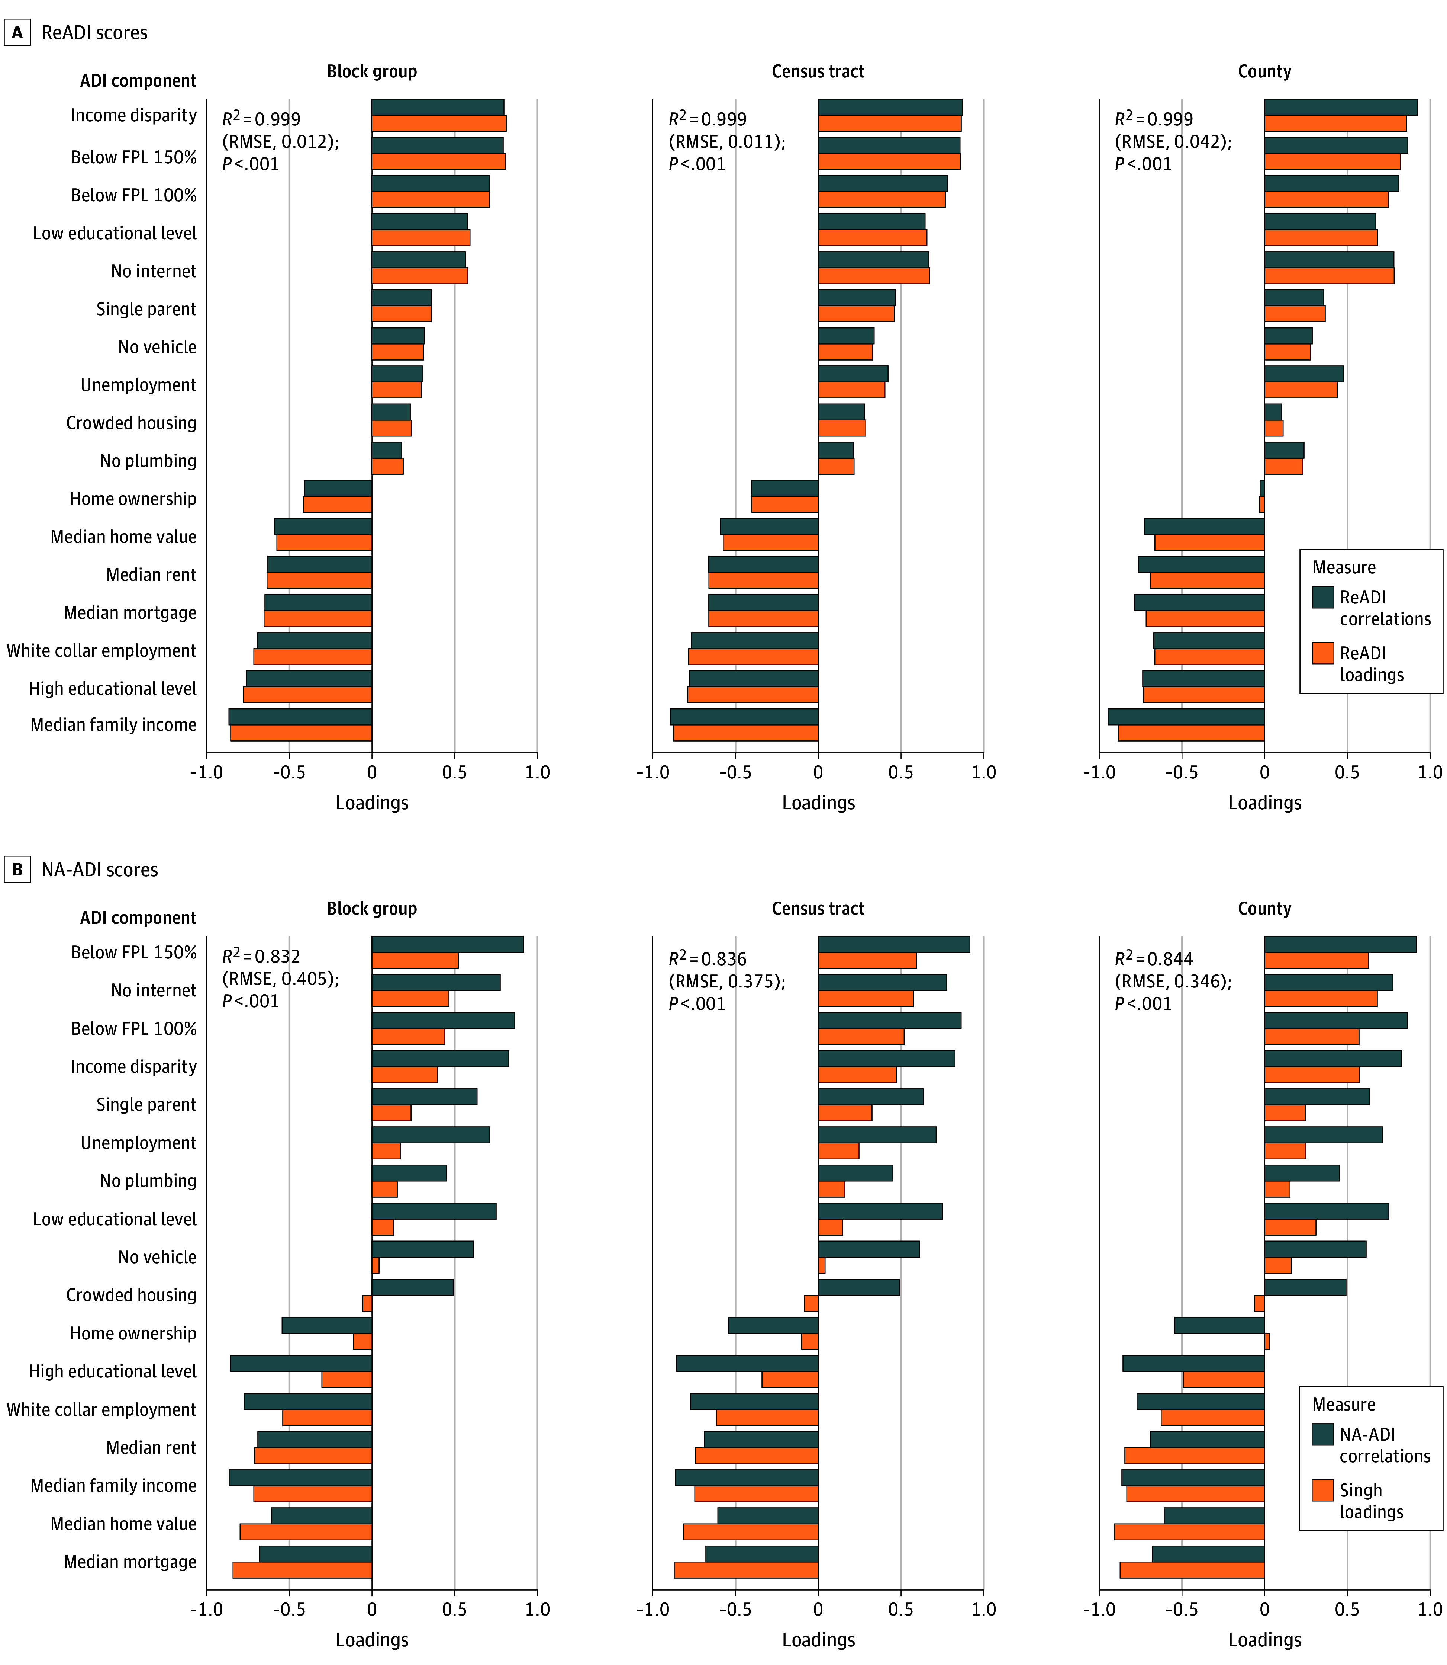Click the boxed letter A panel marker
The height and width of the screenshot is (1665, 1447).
coord(17,32)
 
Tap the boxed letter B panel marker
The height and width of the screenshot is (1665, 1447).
coord(17,869)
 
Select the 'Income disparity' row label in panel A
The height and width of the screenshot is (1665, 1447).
coord(133,115)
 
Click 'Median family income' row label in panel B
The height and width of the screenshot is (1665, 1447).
coord(113,1486)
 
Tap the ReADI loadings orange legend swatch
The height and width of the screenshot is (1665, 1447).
coord(1323,653)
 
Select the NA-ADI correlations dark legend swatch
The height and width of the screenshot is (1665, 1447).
coord(1323,1434)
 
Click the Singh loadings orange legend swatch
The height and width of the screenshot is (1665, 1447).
coord(1323,1490)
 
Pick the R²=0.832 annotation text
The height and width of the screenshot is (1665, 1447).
coord(261,957)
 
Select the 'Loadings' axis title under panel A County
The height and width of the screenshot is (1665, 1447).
coord(1264,803)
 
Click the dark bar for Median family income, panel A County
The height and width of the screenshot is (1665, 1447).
coord(1186,717)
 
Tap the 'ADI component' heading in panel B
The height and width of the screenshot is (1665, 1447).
coord(138,918)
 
